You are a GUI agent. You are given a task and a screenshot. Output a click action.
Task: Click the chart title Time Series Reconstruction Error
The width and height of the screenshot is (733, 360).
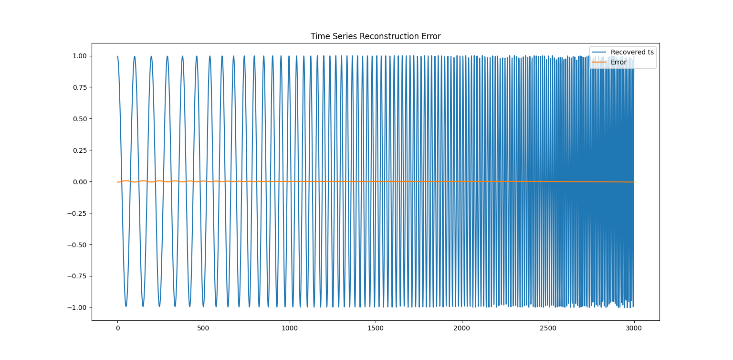point(376,36)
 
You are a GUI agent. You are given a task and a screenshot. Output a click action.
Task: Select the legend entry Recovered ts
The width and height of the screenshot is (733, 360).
point(632,52)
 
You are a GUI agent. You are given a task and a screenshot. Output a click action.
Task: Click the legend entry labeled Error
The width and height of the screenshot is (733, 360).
point(618,62)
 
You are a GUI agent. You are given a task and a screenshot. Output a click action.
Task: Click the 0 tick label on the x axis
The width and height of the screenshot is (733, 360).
point(117,329)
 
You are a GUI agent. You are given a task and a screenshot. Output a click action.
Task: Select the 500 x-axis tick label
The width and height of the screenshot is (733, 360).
point(204,329)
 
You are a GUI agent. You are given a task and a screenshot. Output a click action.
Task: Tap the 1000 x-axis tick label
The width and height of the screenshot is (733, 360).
point(290,329)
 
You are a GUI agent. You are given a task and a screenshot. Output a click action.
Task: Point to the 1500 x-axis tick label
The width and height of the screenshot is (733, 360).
point(376,329)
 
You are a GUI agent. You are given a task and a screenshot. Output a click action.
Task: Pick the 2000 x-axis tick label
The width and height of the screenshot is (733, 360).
point(461,329)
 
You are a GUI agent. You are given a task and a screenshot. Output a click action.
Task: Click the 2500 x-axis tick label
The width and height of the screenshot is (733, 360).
point(548,329)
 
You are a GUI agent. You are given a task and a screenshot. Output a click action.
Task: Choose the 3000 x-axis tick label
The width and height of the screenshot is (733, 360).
point(634,329)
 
